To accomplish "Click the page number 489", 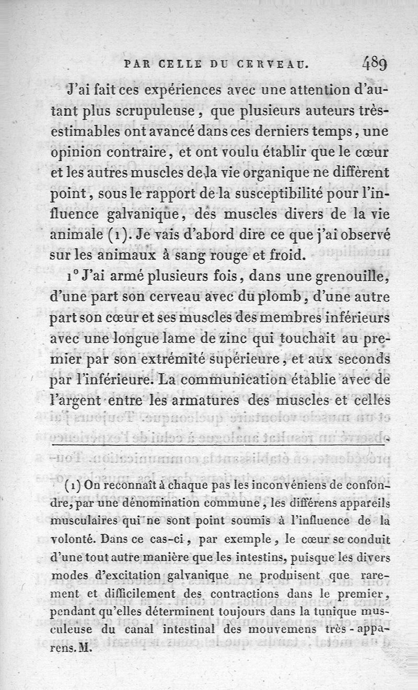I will click(x=373, y=64).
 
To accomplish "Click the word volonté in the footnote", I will click(x=73, y=539).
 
